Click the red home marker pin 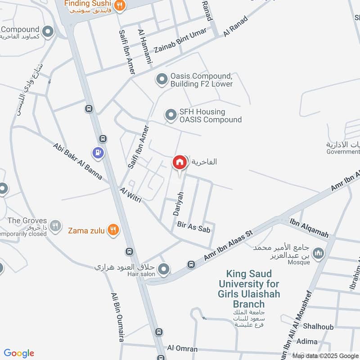point(180,162)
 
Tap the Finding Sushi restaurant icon point(119,5)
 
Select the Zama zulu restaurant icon point(113,230)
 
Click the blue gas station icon point(97,153)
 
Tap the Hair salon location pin point(164,270)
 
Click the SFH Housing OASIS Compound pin point(171,116)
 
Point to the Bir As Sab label point(194,226)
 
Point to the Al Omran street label point(182,349)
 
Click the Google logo point(19,353)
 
